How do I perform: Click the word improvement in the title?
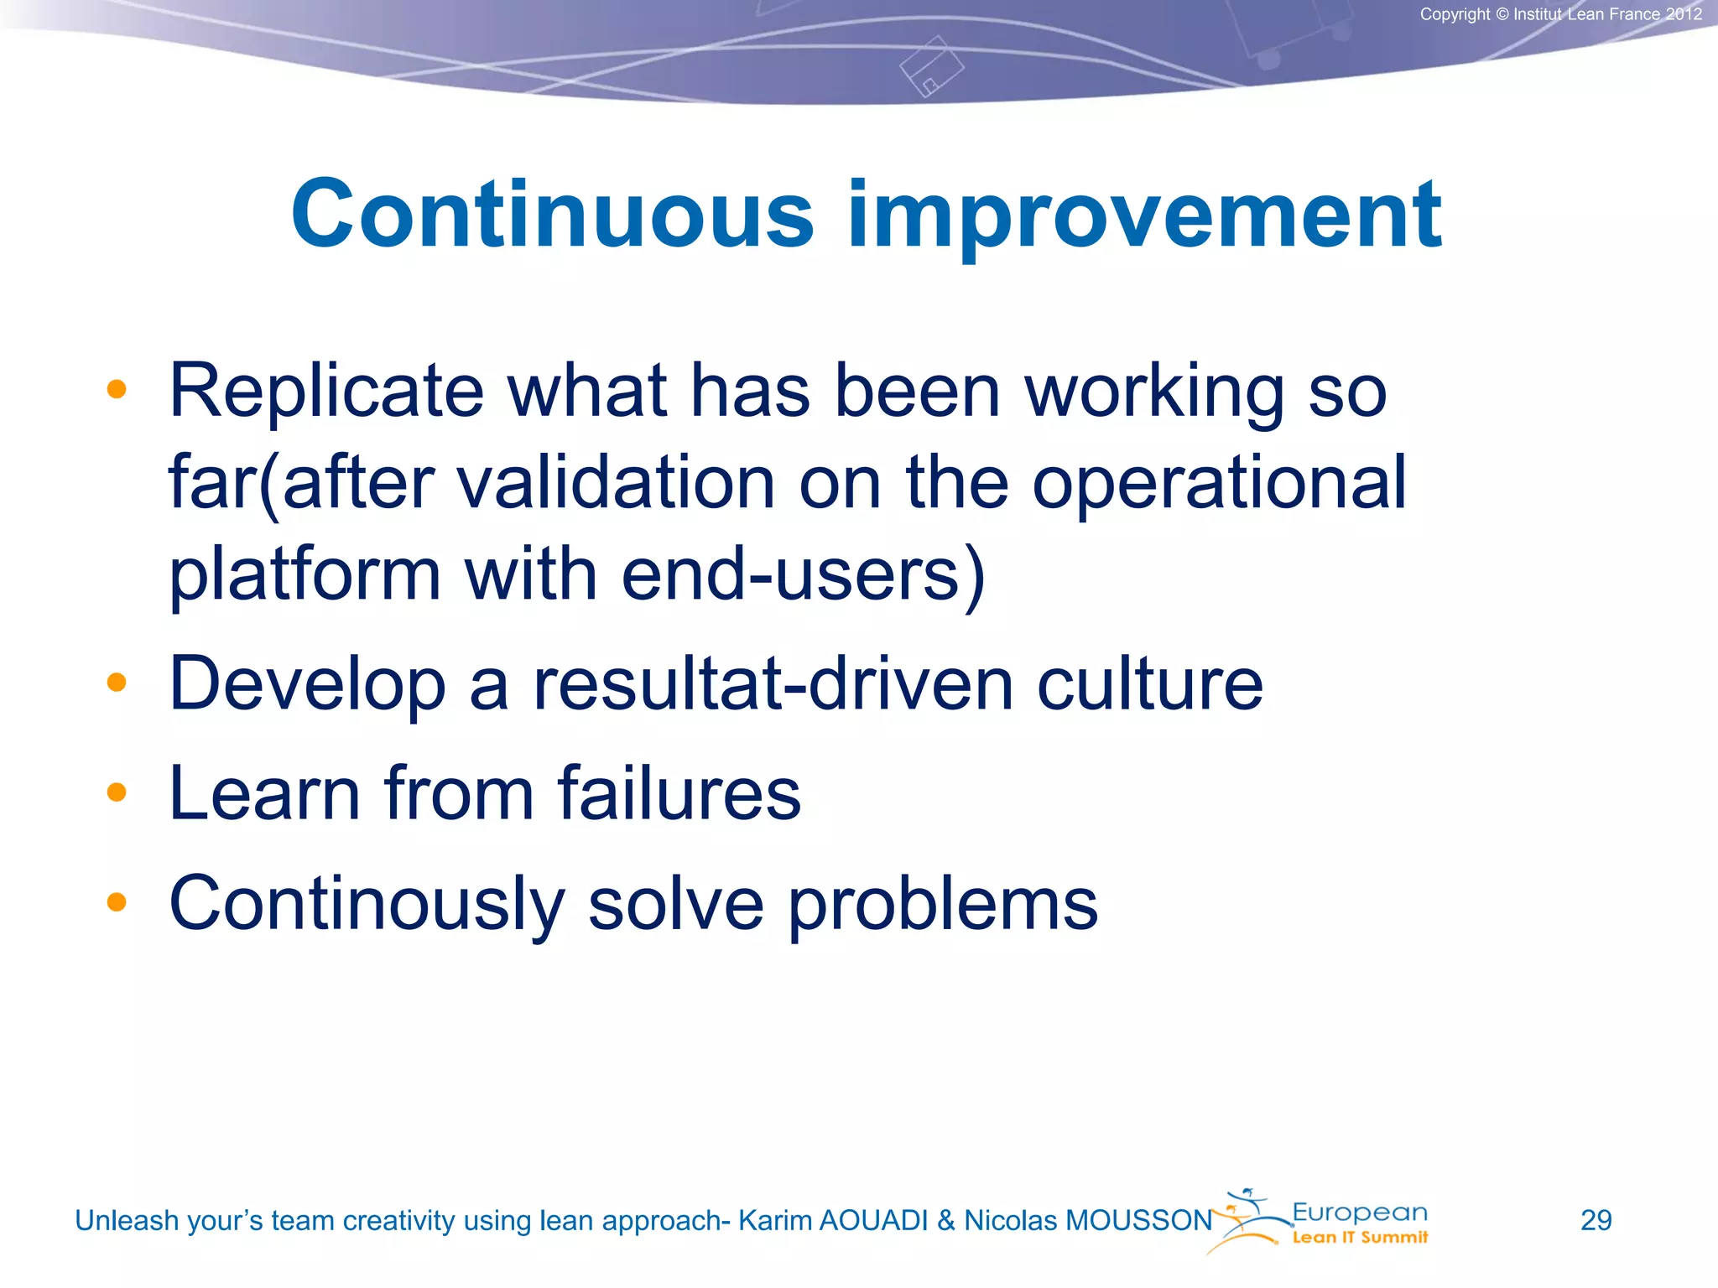1144,216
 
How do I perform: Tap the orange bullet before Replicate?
117,389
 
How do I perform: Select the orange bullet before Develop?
117,683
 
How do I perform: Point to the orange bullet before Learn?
117,792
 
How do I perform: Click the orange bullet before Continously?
117,902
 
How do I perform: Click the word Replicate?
326,392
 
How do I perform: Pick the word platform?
305,576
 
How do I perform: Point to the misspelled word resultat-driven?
773,684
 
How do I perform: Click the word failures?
679,793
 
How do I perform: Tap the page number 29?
1596,1220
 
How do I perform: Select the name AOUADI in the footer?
872,1221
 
